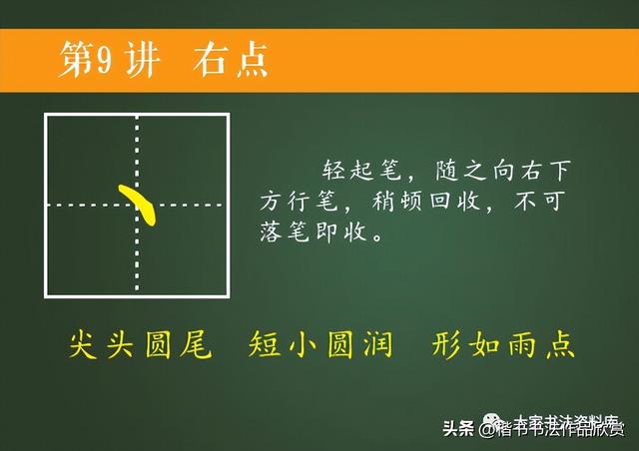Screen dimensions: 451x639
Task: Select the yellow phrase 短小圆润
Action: tap(320, 345)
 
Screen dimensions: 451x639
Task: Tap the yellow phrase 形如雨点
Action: tap(504, 345)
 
